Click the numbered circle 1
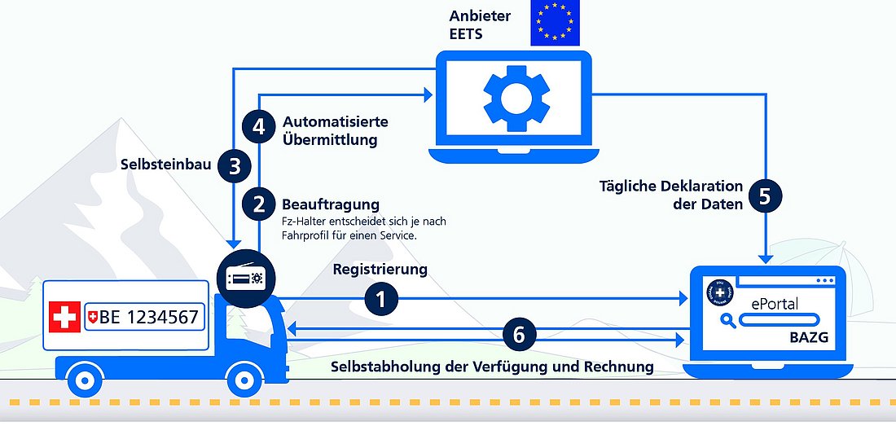tap(382, 300)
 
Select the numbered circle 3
tap(235, 166)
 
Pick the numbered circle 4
tap(259, 127)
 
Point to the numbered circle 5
tap(765, 196)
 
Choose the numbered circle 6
tap(519, 334)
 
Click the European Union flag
tap(556, 23)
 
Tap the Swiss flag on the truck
tap(65, 317)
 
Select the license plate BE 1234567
tap(143, 318)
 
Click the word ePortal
tap(775, 304)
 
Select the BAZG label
tap(808, 336)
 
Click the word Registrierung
tap(380, 269)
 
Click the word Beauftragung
tap(331, 204)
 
